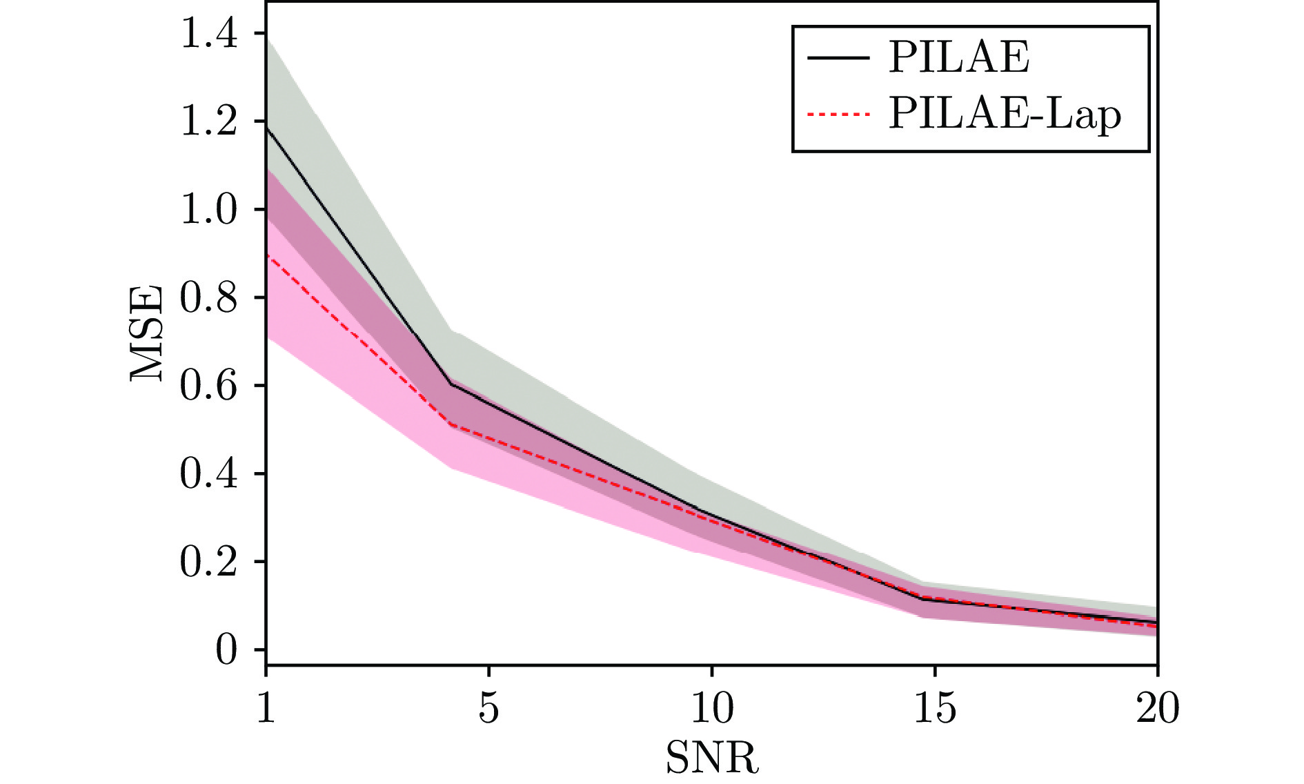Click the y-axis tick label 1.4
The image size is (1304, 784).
208,34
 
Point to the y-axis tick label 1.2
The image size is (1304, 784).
208,121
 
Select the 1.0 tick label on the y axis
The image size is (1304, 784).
208,210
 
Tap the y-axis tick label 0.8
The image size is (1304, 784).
208,297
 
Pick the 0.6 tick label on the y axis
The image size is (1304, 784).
208,386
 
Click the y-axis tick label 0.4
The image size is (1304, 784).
208,474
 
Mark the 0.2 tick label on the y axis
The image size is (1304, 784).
208,562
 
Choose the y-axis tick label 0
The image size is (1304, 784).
226,650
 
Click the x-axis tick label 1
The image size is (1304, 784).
266,709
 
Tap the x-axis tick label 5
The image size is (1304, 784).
488,709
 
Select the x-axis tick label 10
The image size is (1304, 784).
711,709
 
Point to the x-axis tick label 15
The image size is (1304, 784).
934,709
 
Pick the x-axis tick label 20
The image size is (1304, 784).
1157,709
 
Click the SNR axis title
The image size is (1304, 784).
711,758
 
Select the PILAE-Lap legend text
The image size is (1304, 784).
1005,114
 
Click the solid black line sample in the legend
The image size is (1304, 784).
838,58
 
